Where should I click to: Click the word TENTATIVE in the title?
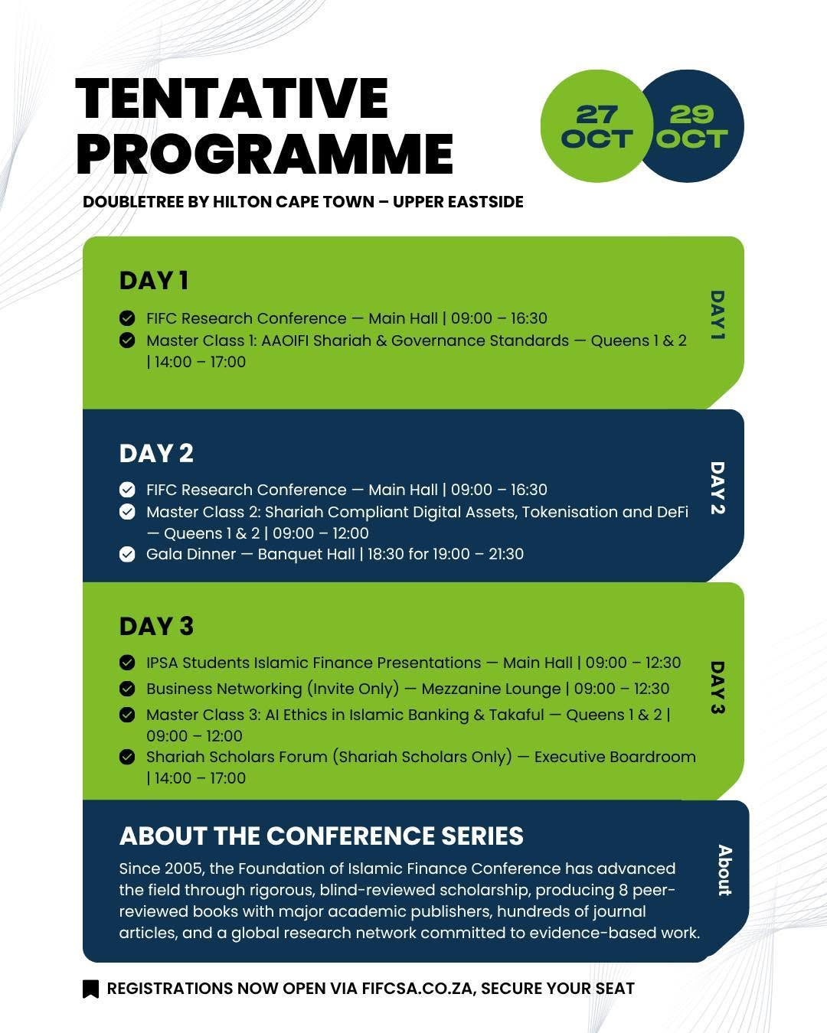(231, 99)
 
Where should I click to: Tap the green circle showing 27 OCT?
(596, 125)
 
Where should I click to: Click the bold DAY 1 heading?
(154, 281)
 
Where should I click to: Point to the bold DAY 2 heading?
(156, 453)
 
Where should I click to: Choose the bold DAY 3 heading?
(156, 626)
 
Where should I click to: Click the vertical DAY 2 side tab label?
(717, 488)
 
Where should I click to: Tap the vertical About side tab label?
(724, 870)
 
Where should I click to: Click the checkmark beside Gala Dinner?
(127, 555)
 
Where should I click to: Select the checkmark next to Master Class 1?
(127, 341)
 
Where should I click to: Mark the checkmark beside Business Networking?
(127, 689)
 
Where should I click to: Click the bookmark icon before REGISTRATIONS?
(91, 989)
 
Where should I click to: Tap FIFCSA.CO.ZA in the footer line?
(417, 989)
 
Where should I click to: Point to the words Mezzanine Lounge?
(491, 689)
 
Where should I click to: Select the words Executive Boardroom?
(615, 757)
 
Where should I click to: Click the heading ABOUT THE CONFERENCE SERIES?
(322, 836)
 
